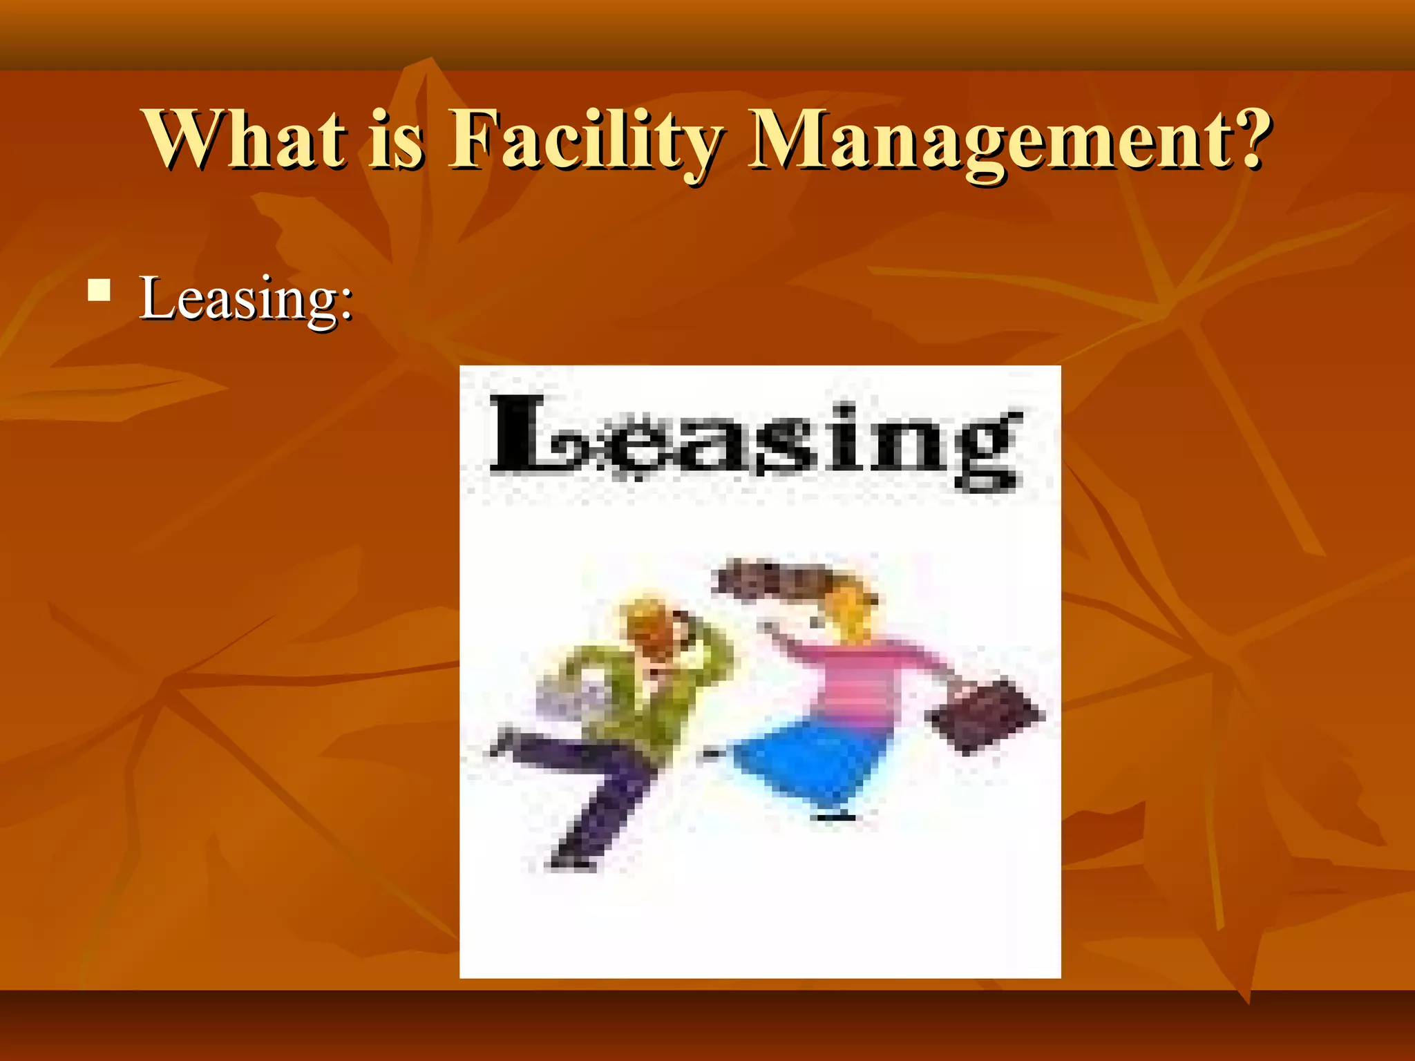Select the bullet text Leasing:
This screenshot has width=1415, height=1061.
(x=246, y=298)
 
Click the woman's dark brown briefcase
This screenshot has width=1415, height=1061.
(x=985, y=716)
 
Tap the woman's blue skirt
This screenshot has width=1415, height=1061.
(x=808, y=763)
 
